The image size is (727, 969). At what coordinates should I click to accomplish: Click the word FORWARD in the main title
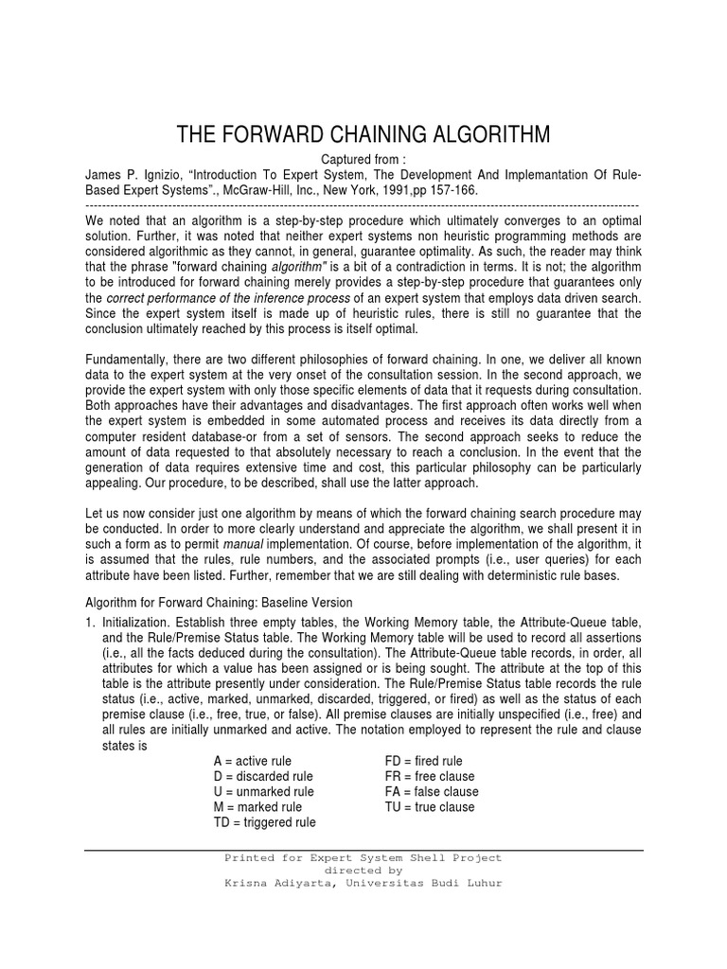[275, 135]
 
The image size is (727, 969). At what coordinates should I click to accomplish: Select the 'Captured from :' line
[363, 159]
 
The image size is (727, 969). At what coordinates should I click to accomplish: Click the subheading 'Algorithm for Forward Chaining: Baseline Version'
[219, 602]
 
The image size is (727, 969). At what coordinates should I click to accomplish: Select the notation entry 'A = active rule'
[253, 761]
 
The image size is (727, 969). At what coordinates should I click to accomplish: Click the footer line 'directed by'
[363, 870]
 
